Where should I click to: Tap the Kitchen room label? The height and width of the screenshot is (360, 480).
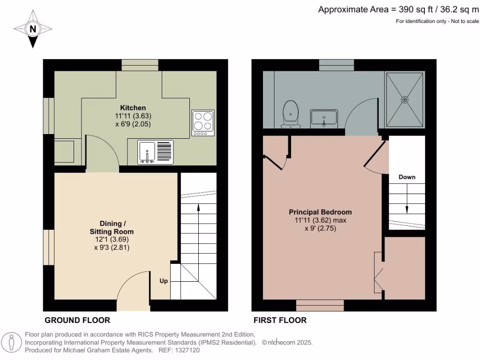(133, 107)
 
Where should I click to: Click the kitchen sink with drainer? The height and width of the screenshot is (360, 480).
(156, 152)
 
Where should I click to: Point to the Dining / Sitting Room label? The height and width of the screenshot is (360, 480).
(112, 227)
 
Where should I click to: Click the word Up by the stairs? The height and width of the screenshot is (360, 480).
(164, 281)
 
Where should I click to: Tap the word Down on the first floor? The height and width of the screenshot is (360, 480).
(407, 177)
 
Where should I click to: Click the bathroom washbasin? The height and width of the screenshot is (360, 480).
(323, 117)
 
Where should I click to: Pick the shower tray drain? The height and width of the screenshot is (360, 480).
(405, 99)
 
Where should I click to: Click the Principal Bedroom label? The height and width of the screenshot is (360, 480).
(320, 212)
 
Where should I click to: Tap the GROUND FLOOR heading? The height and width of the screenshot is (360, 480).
(77, 321)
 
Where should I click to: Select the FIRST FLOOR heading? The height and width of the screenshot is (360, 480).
(280, 321)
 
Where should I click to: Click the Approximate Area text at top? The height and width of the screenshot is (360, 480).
(398, 9)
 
